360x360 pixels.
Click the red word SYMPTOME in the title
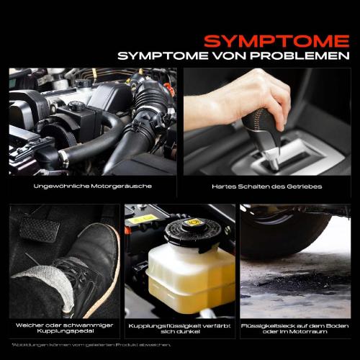tap(276, 41)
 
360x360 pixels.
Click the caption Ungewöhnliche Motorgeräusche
tap(93, 186)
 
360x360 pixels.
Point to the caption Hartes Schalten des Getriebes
tap(267, 186)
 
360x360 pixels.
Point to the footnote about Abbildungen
tap(91, 345)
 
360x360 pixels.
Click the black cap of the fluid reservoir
tap(193, 233)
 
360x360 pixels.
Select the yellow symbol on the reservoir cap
tap(193, 222)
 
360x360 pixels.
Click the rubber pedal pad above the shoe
tap(39, 229)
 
